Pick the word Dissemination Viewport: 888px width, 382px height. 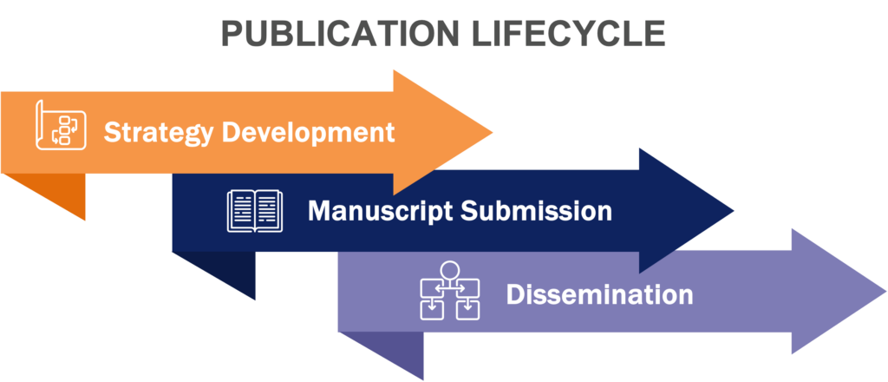599,294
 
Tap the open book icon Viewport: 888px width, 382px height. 255,211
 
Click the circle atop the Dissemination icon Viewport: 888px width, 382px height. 449,268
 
